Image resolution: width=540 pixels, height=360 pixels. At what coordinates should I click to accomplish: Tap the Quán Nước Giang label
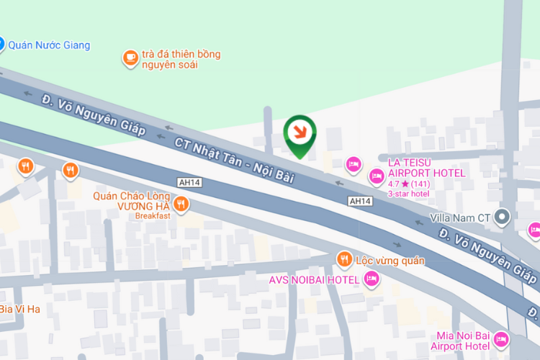pos(49,45)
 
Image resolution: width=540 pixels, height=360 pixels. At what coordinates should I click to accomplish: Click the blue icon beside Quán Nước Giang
pos(1,45)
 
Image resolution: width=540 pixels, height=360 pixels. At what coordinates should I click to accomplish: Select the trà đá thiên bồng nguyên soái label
pos(181,59)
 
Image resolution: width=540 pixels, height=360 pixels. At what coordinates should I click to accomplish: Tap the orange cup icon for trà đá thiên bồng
pos(130,58)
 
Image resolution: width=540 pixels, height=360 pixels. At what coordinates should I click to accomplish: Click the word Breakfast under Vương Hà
pos(153,215)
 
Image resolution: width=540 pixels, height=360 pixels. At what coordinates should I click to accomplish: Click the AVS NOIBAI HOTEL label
pos(315,279)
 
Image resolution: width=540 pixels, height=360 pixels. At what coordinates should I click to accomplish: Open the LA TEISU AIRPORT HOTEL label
pos(426,168)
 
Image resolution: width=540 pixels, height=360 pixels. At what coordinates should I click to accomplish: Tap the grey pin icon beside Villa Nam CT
pos(504,216)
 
